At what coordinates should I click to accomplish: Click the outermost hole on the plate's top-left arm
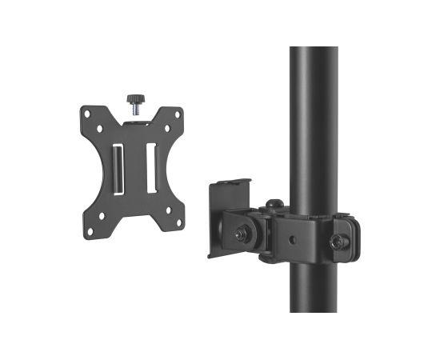click(87, 113)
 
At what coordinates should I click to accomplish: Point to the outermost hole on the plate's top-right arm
click(178, 113)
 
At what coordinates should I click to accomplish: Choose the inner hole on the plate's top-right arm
click(166, 125)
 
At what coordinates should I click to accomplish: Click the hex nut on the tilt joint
click(240, 235)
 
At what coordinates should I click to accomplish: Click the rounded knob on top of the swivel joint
click(274, 205)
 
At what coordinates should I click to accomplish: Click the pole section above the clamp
click(313, 120)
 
